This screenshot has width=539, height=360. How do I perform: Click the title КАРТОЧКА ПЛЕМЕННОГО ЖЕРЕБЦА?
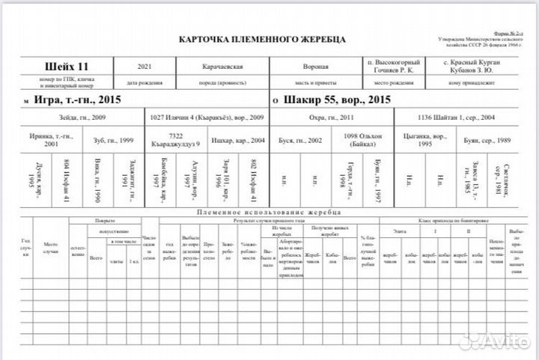262,38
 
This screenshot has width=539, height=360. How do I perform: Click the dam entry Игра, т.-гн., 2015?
77,99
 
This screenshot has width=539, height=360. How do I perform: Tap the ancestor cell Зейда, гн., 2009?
83,118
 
